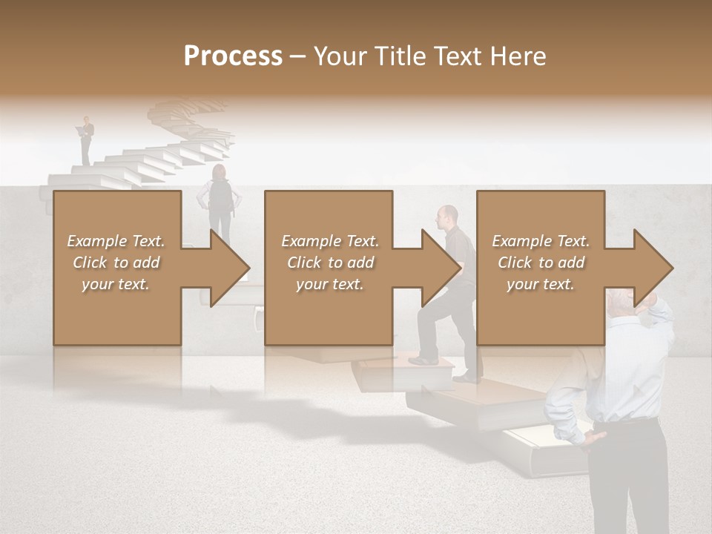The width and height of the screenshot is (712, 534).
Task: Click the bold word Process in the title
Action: point(233,56)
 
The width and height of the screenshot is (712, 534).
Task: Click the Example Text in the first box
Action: point(116,241)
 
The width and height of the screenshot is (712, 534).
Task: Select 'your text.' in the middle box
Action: point(329,284)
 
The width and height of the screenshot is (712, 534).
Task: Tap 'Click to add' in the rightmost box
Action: point(541,263)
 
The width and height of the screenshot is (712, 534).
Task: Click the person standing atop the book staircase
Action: point(87,139)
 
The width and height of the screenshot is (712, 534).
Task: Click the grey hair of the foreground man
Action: point(620,298)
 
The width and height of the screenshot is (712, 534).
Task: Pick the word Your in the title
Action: point(341,56)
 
